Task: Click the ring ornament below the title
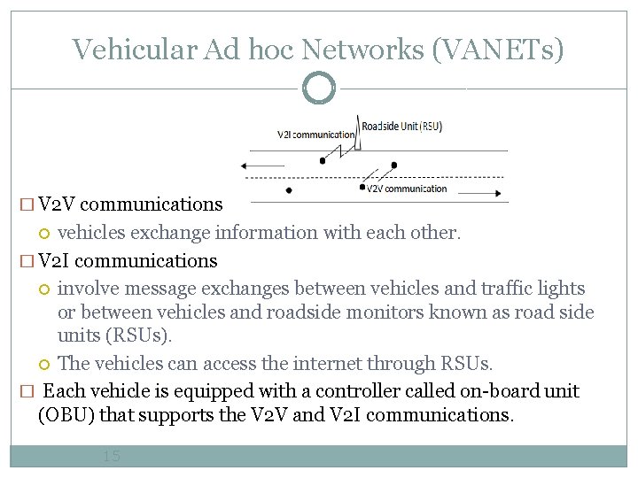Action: click(x=319, y=89)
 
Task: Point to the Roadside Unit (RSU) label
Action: click(x=402, y=126)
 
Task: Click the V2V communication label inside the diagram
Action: click(x=407, y=189)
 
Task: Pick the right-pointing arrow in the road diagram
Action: click(x=478, y=189)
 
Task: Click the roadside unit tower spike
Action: click(x=357, y=128)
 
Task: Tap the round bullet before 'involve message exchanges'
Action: click(x=45, y=289)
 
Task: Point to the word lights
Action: click(x=560, y=289)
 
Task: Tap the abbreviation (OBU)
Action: click(x=67, y=414)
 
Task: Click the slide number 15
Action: click(x=111, y=457)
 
